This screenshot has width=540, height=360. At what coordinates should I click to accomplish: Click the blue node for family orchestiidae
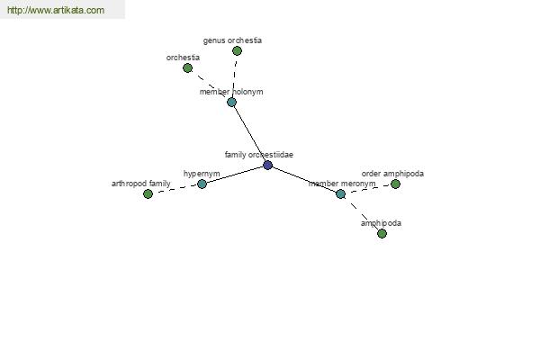pos(267,166)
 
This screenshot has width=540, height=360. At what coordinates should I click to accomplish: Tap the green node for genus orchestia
pos(237,51)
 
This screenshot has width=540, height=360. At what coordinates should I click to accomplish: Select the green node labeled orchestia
pos(188,68)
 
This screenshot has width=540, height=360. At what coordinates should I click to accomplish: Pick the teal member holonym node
pos(232,102)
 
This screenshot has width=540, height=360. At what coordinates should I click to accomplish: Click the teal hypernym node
pos(202,184)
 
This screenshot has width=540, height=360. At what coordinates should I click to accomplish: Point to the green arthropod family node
pos(148,194)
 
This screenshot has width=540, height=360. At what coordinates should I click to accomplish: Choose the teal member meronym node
pos(340,194)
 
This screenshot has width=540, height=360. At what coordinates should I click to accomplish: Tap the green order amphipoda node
pos(395,184)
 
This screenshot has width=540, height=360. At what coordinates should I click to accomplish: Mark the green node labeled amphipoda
pos(382,234)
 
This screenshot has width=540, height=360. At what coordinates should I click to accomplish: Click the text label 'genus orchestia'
pos(232,40)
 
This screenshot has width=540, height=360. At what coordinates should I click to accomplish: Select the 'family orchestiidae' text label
pos(259,155)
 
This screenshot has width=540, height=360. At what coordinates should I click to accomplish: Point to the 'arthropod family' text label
pos(141,184)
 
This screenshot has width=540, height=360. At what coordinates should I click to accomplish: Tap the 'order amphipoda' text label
pos(392,174)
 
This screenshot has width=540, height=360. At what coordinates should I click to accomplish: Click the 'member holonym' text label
pos(231,92)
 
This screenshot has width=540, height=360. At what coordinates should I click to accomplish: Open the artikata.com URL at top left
pos(56,10)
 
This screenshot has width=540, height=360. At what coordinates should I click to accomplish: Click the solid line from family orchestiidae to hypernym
pos(235,175)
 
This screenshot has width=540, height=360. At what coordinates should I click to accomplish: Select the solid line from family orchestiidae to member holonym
pos(249,134)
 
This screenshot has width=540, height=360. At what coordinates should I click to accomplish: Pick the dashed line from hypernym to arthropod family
pos(175,189)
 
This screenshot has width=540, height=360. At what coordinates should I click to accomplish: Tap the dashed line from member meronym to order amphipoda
pos(368,189)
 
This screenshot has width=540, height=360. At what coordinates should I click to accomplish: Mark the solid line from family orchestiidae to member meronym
pos(304,179)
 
